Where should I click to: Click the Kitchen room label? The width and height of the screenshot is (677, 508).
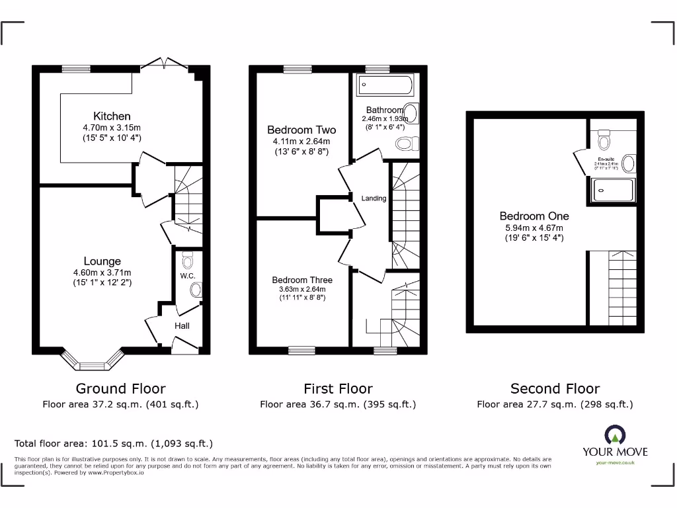click(x=112, y=116)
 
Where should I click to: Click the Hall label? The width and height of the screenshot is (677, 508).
click(x=182, y=325)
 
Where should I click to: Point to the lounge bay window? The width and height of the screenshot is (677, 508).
click(x=92, y=362)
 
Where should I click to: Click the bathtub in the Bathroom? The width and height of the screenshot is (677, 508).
click(x=384, y=85)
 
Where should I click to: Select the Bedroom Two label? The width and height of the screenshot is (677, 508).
click(x=301, y=130)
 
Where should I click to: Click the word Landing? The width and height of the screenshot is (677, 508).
click(x=374, y=198)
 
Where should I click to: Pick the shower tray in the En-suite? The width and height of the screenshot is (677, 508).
click(x=612, y=190)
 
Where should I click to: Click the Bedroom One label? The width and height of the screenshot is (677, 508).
click(x=534, y=216)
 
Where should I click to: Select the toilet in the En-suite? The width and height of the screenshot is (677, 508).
click(x=604, y=141)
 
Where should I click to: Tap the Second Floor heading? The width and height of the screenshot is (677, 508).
click(x=555, y=389)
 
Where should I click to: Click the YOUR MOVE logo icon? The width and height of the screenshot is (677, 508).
click(x=616, y=435)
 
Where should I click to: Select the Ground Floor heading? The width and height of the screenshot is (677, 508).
click(x=120, y=389)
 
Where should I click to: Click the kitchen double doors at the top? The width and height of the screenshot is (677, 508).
click(x=163, y=65)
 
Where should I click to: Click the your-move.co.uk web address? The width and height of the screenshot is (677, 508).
click(x=615, y=462)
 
